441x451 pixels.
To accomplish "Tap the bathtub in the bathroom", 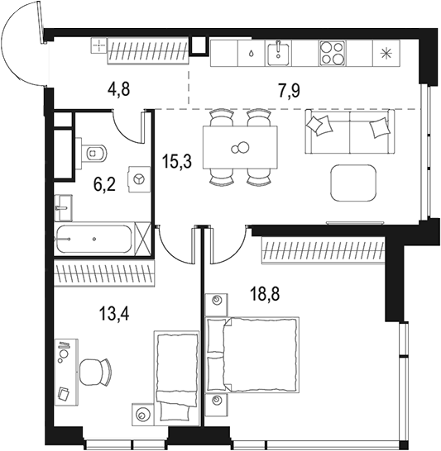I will [93, 240].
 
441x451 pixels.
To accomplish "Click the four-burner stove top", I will [332, 54].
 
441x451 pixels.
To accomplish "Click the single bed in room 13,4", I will [176, 372].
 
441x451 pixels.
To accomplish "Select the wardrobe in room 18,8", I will [324, 249].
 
